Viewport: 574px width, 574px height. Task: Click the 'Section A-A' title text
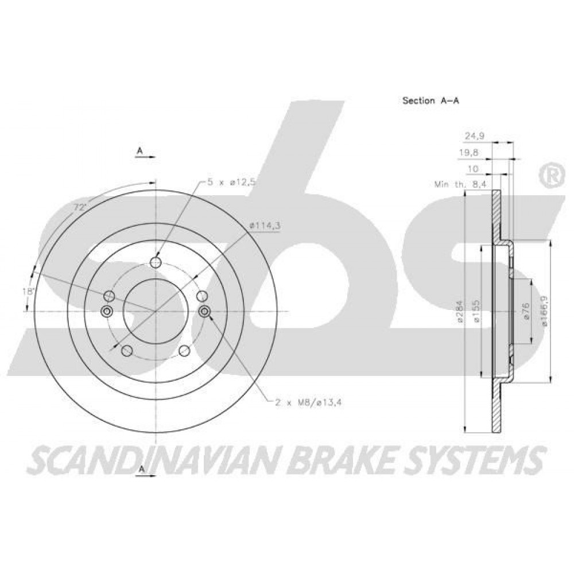tap(430, 100)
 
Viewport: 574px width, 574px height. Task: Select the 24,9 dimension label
tap(475, 136)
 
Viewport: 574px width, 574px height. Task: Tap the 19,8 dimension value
tap(469, 153)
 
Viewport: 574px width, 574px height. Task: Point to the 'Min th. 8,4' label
tap(460, 185)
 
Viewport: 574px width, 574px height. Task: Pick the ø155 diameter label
tap(476, 312)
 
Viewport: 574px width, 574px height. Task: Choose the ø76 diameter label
tap(526, 312)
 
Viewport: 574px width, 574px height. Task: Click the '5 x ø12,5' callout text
tap(231, 183)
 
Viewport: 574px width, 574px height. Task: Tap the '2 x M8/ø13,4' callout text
tap(309, 403)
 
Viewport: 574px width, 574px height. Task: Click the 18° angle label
tap(28, 292)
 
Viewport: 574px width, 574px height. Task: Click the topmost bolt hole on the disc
tap(156, 262)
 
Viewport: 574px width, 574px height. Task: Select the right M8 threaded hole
tap(205, 312)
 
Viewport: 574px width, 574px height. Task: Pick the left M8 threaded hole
tap(107, 312)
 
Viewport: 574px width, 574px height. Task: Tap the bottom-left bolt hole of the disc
tap(126, 351)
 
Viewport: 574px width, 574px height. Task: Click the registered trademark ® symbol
tap(550, 176)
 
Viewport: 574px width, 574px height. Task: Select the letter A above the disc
tap(139, 150)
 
